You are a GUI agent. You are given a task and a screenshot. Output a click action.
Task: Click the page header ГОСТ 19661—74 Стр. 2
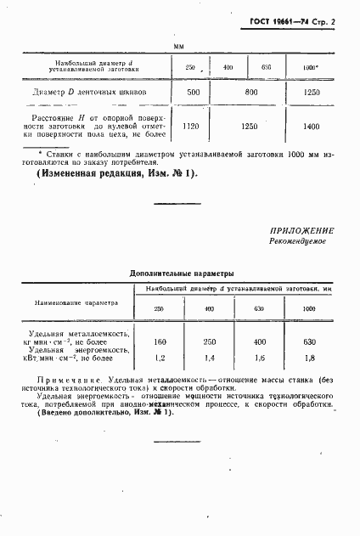(294, 19)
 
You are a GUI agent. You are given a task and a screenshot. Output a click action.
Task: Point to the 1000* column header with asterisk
(311, 66)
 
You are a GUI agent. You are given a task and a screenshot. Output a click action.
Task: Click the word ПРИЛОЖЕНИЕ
(303, 230)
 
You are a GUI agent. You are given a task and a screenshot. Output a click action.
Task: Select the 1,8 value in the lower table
(312, 360)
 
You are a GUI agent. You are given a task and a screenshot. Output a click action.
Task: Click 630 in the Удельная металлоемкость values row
(312, 341)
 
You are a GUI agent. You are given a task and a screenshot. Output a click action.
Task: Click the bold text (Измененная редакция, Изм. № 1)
(116, 173)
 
